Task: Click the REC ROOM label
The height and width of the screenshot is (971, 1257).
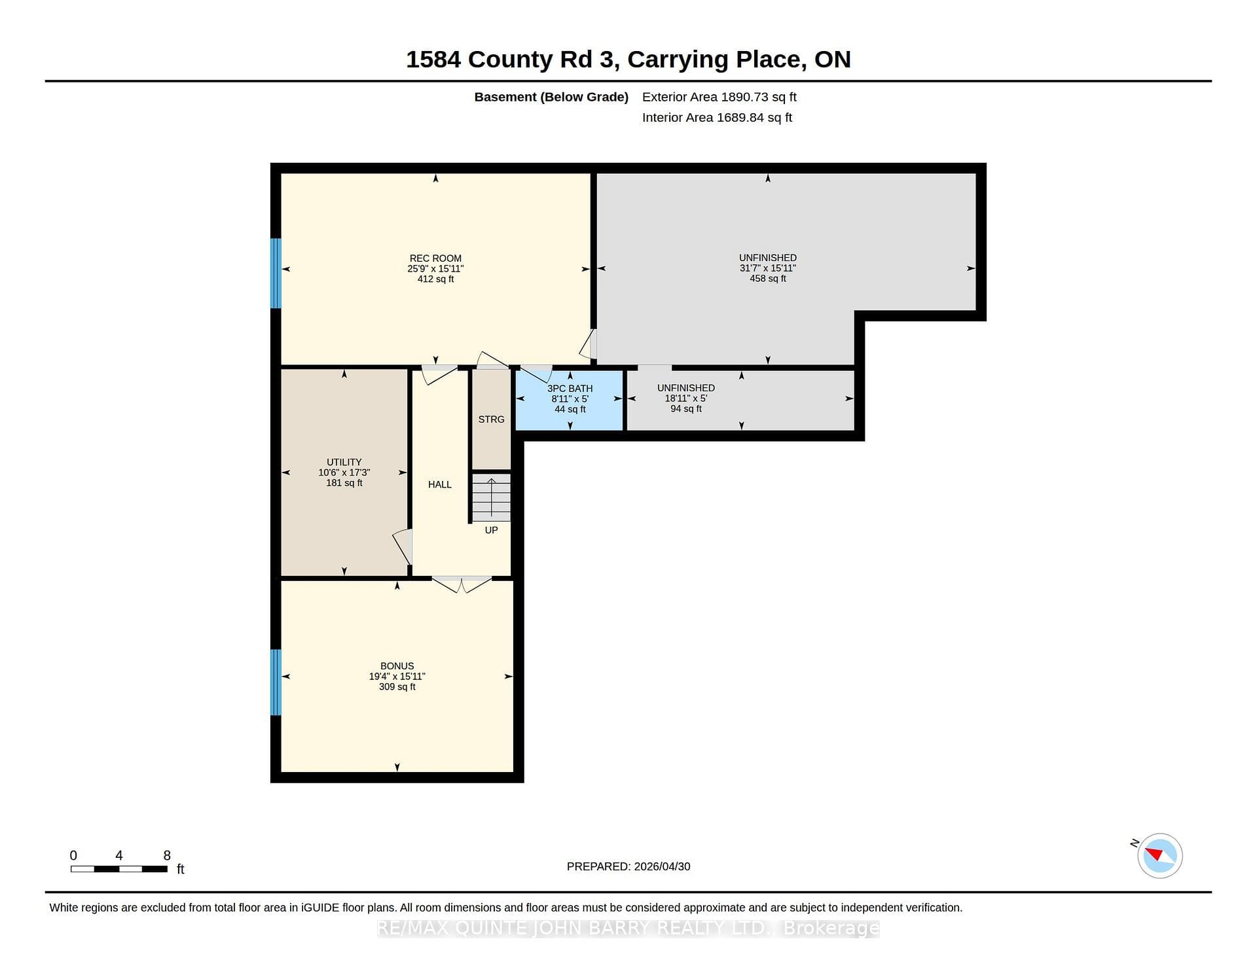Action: tap(435, 258)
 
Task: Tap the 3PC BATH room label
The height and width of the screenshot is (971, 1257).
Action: tap(570, 389)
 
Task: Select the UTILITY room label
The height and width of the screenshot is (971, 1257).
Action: tap(344, 462)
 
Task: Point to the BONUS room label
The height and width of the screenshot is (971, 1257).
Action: tap(397, 666)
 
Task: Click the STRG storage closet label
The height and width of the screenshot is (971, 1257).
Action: tap(491, 419)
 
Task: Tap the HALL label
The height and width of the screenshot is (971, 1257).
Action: tap(440, 485)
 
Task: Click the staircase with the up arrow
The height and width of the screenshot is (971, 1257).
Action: tap(491, 498)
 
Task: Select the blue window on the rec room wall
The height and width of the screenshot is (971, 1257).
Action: tap(276, 273)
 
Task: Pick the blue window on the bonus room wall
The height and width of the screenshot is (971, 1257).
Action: tap(276, 682)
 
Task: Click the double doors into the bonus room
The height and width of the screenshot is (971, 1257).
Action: tap(462, 584)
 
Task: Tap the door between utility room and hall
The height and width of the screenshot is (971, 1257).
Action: tap(403, 547)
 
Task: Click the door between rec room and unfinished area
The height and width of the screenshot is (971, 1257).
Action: tap(588, 344)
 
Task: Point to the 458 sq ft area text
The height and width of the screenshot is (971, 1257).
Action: tap(768, 279)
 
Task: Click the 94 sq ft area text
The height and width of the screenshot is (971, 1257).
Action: tap(686, 409)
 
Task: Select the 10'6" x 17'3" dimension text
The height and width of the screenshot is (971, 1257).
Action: tap(344, 472)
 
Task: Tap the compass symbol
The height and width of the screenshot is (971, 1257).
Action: tap(1159, 855)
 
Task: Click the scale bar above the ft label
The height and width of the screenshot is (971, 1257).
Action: tap(119, 869)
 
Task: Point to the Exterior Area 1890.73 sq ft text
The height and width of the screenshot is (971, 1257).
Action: tap(720, 97)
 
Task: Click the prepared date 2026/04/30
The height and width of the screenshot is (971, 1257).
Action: tap(662, 866)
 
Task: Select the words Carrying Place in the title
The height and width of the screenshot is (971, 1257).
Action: tap(715, 60)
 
